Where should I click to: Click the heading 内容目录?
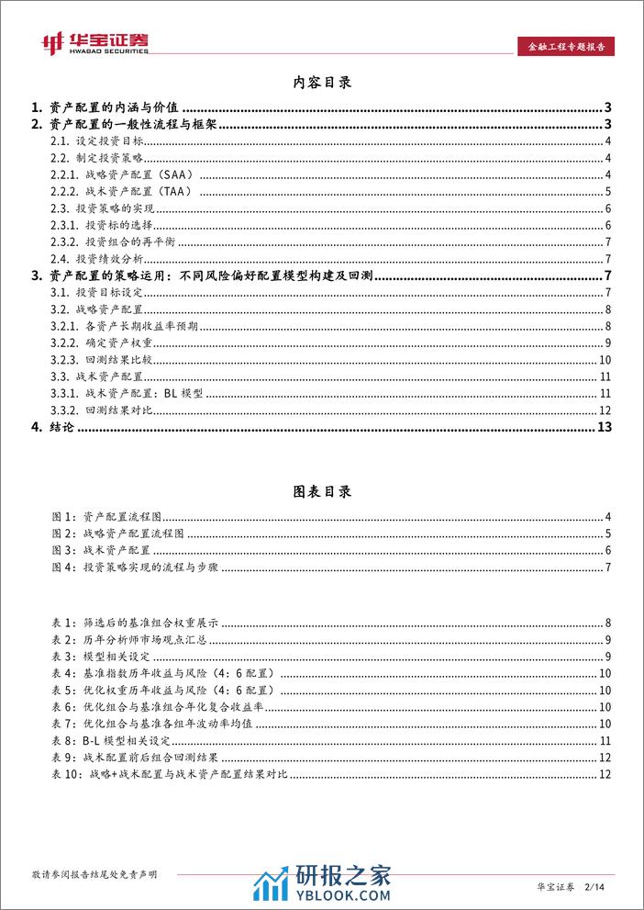321,83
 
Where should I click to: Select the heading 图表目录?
321,491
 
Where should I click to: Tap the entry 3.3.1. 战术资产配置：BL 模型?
128,393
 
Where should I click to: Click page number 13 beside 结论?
604,427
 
